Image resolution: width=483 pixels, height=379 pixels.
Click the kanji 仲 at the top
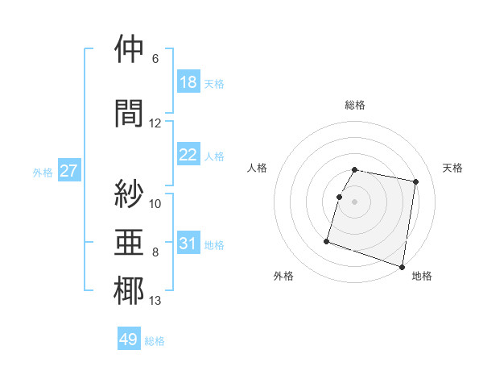(129, 49)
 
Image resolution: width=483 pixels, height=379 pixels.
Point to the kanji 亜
(129, 241)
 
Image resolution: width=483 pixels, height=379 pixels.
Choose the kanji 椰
(129, 291)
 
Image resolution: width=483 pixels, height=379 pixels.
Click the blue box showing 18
(188, 82)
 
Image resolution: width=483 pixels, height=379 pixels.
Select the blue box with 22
(188, 155)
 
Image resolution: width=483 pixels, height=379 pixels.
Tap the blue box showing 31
(188, 244)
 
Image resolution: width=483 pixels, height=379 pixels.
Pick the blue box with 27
(68, 171)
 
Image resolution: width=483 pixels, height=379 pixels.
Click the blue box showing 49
(129, 339)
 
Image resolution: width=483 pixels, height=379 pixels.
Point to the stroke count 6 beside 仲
(155, 59)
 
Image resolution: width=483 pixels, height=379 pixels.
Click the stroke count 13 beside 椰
(155, 302)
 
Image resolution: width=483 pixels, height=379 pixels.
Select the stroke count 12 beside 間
(155, 123)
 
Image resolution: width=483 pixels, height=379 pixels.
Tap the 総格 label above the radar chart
(354, 105)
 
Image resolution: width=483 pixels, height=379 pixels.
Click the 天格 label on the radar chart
(453, 168)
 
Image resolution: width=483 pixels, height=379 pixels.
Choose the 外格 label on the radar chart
(283, 276)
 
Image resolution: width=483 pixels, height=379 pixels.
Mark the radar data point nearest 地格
(402, 266)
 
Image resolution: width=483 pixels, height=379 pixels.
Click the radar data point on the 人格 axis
(340, 197)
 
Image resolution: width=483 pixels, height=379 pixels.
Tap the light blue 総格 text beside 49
(155, 341)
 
